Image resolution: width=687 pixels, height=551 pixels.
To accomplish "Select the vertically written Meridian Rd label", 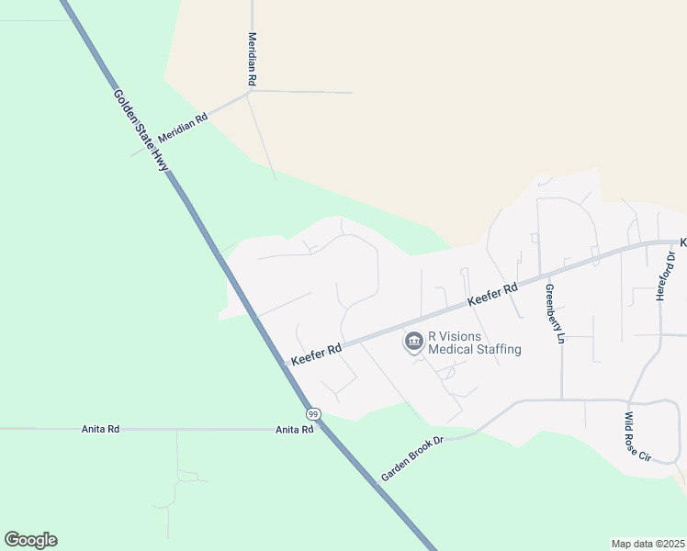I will click(x=252, y=60).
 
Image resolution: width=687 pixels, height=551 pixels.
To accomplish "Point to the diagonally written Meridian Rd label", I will click(x=183, y=127).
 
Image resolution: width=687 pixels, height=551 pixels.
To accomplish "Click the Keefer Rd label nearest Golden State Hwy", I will click(x=316, y=354).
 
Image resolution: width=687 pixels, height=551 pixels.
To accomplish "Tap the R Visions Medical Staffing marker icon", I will click(x=414, y=343).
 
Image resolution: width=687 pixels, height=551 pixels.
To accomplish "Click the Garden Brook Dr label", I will click(x=412, y=459).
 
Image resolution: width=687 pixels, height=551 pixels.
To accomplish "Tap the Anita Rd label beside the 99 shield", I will click(x=295, y=429).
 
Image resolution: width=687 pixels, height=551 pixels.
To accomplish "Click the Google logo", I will click(x=30, y=540).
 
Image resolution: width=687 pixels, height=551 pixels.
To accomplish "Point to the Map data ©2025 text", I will click(x=648, y=544).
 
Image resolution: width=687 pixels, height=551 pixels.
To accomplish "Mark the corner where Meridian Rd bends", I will click(x=250, y=91).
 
